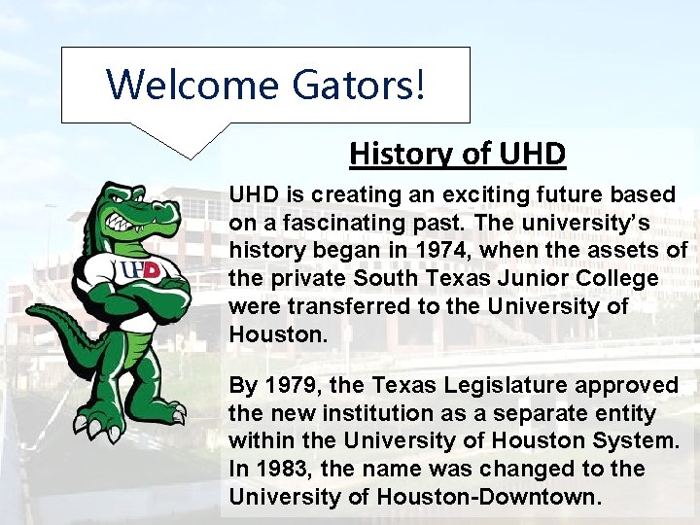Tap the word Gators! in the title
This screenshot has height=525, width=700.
[358, 85]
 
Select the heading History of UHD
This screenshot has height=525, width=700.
[457, 154]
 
